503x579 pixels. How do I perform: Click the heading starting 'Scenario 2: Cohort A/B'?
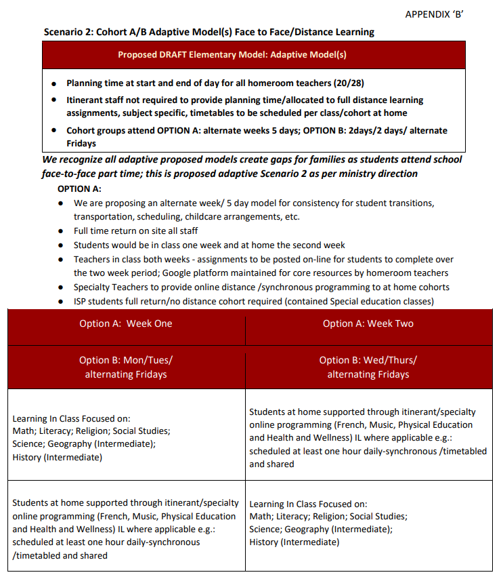pos(209,32)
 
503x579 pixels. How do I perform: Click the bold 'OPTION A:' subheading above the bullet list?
pos(80,188)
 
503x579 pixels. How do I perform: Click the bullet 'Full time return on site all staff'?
pos(135,231)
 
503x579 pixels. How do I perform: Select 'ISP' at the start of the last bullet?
pos(81,301)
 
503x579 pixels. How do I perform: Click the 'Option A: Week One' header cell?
pos(126,323)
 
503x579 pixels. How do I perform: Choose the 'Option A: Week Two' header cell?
pos(368,323)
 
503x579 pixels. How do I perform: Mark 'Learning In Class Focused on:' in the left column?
pos(71,418)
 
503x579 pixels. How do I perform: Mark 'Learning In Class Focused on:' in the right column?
pos(308,504)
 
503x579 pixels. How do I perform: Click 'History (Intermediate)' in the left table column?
pos(57,457)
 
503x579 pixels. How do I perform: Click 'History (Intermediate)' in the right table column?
pos(294,542)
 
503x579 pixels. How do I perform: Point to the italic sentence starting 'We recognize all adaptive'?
pos(252,166)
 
